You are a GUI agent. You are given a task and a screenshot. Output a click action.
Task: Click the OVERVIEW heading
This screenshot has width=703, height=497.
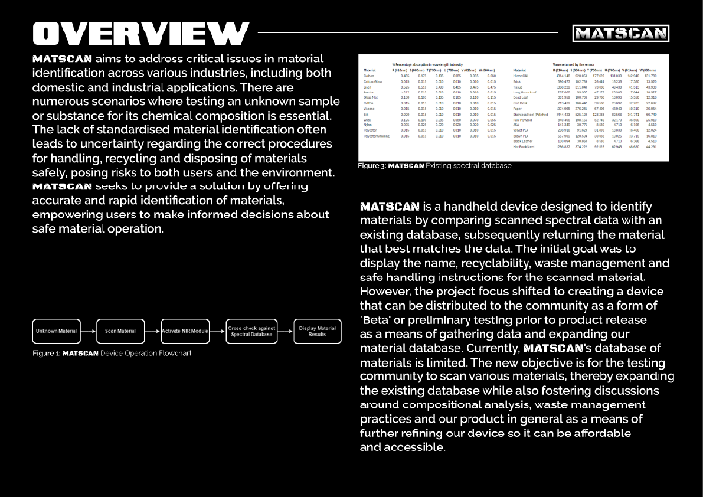pyautogui.click(x=141, y=33)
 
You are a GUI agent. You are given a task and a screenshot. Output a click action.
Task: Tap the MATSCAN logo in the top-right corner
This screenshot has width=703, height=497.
pyautogui.click(x=620, y=34)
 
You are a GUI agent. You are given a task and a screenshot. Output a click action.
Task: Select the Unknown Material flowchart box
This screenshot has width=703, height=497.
pyautogui.click(x=56, y=331)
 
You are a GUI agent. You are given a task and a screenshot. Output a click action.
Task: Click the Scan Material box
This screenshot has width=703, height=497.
pyautogui.click(x=120, y=331)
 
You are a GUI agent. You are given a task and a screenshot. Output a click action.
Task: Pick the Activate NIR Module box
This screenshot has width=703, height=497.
pyautogui.click(x=185, y=331)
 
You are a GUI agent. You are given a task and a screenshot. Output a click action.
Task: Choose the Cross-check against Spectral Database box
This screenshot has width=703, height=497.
pyautogui.click(x=251, y=331)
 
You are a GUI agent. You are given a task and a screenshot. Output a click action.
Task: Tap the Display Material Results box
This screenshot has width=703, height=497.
pyautogui.click(x=317, y=331)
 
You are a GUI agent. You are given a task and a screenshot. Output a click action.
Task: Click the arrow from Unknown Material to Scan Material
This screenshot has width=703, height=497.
pyautogui.click(x=88, y=331)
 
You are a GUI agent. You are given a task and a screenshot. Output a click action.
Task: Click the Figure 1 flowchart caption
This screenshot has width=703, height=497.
pyautogui.click(x=112, y=353)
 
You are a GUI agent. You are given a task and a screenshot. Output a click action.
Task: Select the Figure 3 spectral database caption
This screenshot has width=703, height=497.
pyautogui.click(x=434, y=166)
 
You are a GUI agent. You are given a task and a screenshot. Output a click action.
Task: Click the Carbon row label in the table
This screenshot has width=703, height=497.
pyautogui.click(x=369, y=76)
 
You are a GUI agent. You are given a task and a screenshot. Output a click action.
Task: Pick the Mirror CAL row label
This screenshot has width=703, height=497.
pyautogui.click(x=521, y=76)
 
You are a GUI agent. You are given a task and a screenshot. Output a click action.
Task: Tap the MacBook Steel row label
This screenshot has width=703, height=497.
pyautogui.click(x=524, y=147)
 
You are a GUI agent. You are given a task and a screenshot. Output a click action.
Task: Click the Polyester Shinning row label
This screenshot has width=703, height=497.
pyautogui.click(x=377, y=136)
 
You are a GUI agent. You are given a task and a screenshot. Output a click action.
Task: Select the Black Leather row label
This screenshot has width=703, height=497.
pyautogui.click(x=522, y=142)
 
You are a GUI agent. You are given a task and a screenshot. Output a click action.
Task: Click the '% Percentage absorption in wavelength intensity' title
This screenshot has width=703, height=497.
pyautogui.click(x=427, y=64)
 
